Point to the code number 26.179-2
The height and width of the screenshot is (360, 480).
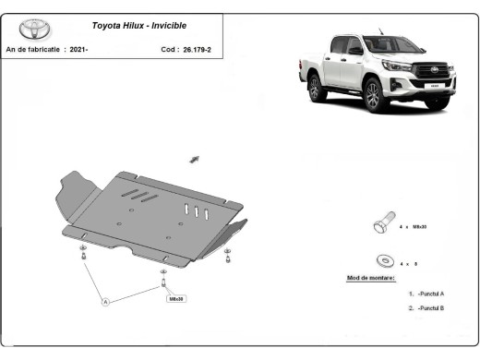pos(195,48)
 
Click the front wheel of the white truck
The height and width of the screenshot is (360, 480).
pos(373,95)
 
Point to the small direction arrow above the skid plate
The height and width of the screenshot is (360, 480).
pos(195,160)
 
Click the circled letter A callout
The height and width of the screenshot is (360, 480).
pos(105,301)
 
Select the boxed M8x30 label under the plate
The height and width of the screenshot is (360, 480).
pos(175,299)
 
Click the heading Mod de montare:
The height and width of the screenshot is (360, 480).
pos(370,278)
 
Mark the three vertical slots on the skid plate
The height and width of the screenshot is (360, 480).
pos(196,210)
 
